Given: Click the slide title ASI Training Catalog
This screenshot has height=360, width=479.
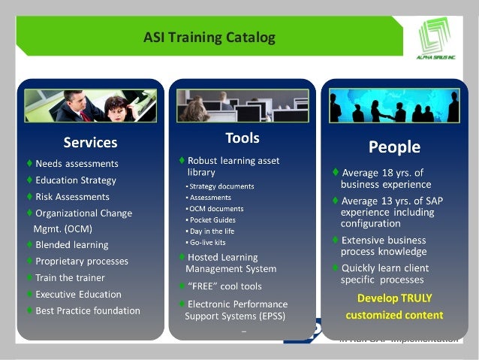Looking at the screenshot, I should pos(209,37).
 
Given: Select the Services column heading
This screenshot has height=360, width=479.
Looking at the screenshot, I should pos(90,142).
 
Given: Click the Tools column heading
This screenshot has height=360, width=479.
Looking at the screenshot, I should pos(242,138).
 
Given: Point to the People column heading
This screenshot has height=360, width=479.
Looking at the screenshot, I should pos(393,146).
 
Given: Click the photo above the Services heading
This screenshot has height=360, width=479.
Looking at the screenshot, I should pos(91,106).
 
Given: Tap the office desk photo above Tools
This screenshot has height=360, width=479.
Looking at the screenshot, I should pos(243,105).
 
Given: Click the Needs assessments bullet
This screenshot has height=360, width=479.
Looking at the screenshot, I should pos(77,164).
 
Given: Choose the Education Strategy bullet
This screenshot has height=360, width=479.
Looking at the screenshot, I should pos(75,180).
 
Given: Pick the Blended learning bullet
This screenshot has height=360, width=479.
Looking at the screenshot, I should pos(71,245).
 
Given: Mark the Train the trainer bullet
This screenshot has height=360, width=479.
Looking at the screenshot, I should pos(70,278).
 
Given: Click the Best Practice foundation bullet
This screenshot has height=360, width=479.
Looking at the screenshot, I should pos(87,310).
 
